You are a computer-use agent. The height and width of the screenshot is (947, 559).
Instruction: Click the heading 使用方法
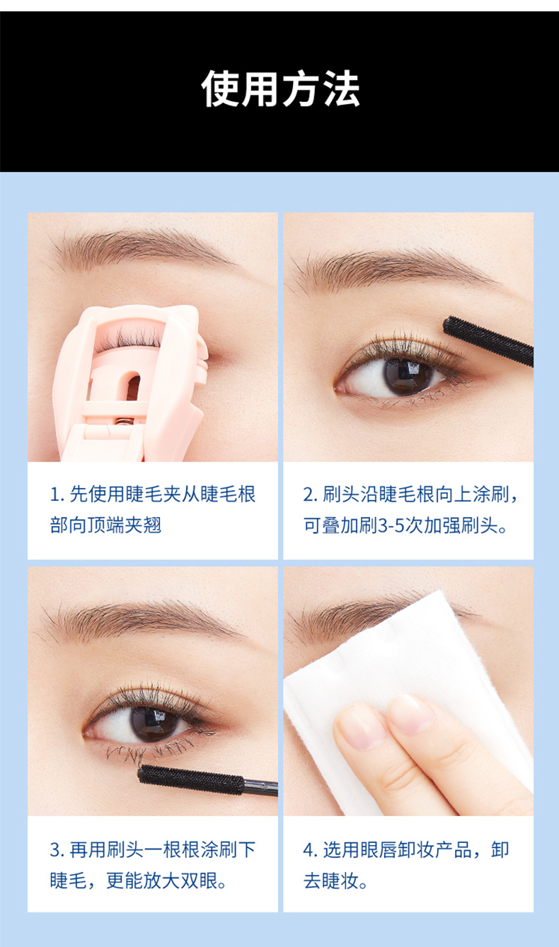coord(280,89)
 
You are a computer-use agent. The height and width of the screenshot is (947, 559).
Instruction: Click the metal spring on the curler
coord(125,421)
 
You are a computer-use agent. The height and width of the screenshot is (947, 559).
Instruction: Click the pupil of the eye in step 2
coord(408,376)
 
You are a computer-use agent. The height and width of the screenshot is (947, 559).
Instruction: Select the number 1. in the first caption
coord(57,494)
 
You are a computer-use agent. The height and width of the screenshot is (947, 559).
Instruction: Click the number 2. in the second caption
coord(311,494)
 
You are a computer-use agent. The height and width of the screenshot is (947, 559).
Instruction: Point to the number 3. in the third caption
coord(57,850)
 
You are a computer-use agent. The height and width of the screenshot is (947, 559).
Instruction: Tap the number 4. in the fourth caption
coord(311,850)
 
